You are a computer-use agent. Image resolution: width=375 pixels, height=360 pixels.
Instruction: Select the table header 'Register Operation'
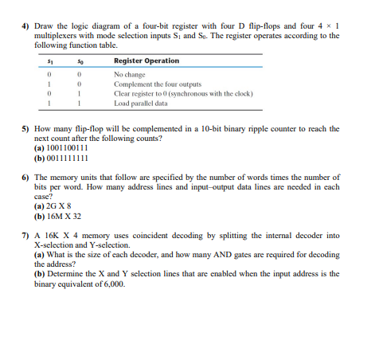pos(146,61)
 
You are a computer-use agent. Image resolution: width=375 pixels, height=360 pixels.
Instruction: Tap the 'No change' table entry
pos(132,74)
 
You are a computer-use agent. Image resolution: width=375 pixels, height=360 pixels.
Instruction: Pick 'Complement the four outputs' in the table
pos(158,84)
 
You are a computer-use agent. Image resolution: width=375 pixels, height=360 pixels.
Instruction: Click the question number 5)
pos(25,127)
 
